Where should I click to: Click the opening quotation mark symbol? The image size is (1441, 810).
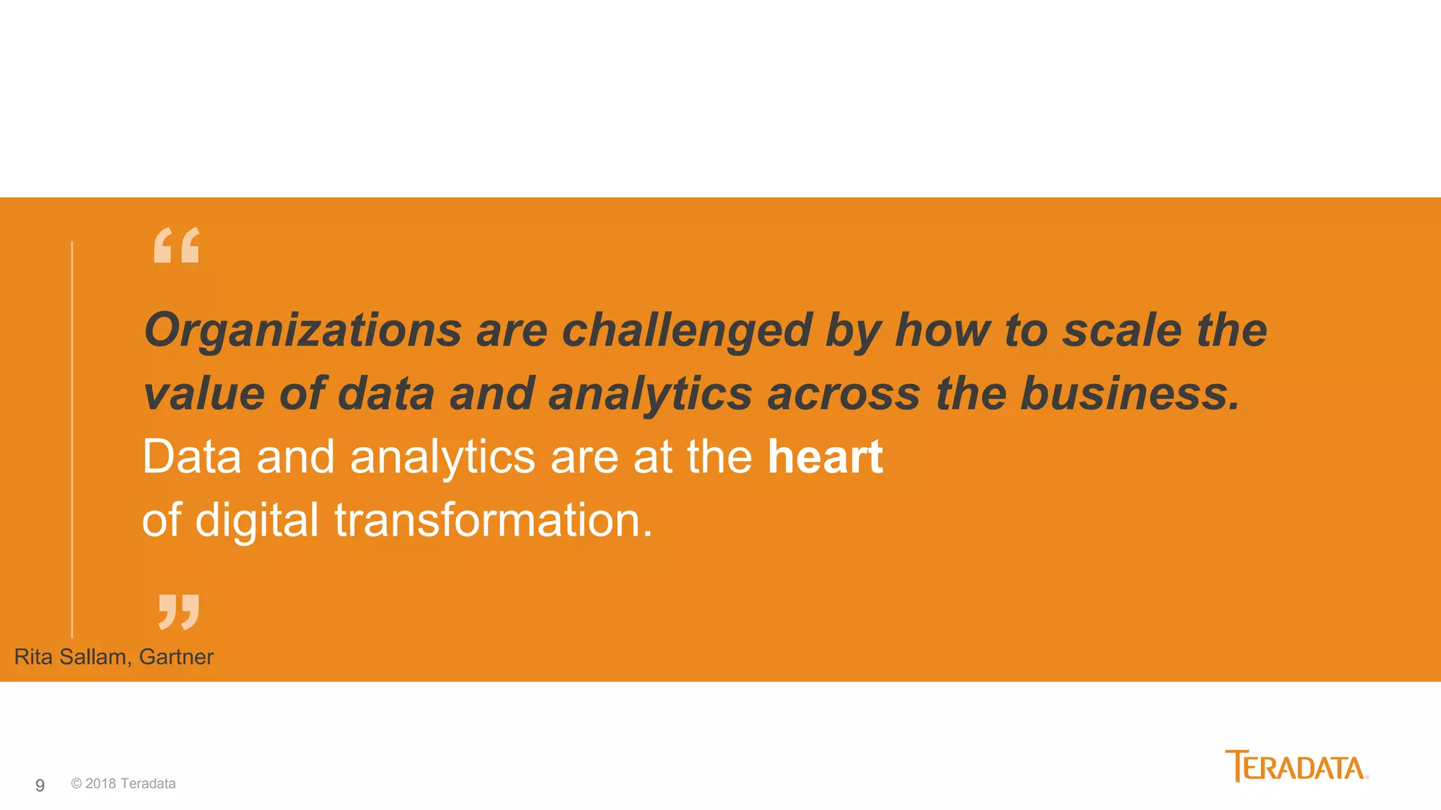click(177, 245)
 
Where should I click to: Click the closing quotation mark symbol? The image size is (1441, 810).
click(179, 611)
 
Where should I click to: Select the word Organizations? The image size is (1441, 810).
click(303, 330)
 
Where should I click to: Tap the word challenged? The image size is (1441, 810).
click(686, 330)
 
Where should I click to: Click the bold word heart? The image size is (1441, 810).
click(825, 456)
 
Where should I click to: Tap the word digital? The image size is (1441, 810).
click(257, 521)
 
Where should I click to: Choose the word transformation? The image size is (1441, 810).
click(493, 520)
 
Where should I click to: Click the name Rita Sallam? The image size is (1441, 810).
click(70, 657)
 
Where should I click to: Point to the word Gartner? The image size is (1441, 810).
click(176, 657)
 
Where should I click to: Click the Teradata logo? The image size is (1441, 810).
click(1296, 766)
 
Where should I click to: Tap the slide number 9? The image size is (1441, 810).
click(40, 785)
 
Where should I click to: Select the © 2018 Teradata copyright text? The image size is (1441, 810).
click(123, 784)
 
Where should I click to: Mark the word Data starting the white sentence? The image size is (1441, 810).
click(191, 456)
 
